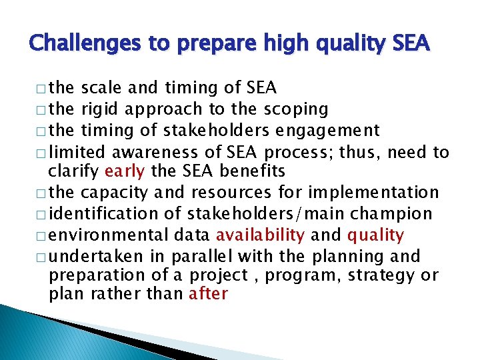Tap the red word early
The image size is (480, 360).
pyautogui.click(x=125, y=171)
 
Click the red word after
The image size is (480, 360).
pyautogui.click(x=209, y=293)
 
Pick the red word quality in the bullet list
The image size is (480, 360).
pyautogui.click(x=375, y=235)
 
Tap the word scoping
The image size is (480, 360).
pyautogui.click(x=295, y=109)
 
